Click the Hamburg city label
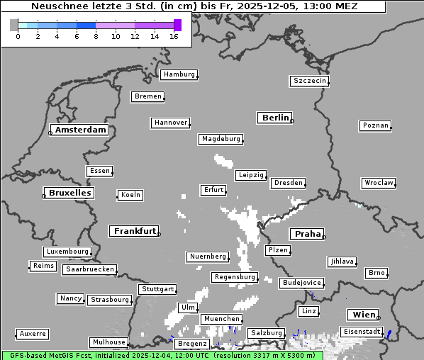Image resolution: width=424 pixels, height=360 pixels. pos(178,74)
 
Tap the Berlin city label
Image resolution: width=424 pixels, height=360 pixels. pos(275,118)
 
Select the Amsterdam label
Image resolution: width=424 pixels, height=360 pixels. pos(80,130)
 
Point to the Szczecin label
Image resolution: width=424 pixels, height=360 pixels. pos(310,81)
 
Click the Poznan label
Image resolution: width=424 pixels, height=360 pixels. pos(375,125)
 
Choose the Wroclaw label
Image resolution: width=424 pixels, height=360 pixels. pos(379,183)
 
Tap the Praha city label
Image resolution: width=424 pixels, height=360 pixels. pos(308,234)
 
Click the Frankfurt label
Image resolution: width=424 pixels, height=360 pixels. pos(135,231)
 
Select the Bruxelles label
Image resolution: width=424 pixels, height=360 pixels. pos(69,193)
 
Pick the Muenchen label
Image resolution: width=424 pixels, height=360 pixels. pos(221,319)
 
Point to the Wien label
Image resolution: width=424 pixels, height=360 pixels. pos(363,315)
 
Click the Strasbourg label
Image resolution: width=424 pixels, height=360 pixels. pos(110,300)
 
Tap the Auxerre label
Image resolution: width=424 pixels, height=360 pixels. pos(33,333)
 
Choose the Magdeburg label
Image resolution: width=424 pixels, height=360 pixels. pos(221,139)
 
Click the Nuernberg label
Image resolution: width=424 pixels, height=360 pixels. pos(208,257)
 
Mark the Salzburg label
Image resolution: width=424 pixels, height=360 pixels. pos(266,333)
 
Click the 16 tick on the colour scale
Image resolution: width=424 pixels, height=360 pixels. pos(174,36)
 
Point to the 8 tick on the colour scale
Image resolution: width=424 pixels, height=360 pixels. pos(96,36)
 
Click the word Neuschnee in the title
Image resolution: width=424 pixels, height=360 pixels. pos(60,6)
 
